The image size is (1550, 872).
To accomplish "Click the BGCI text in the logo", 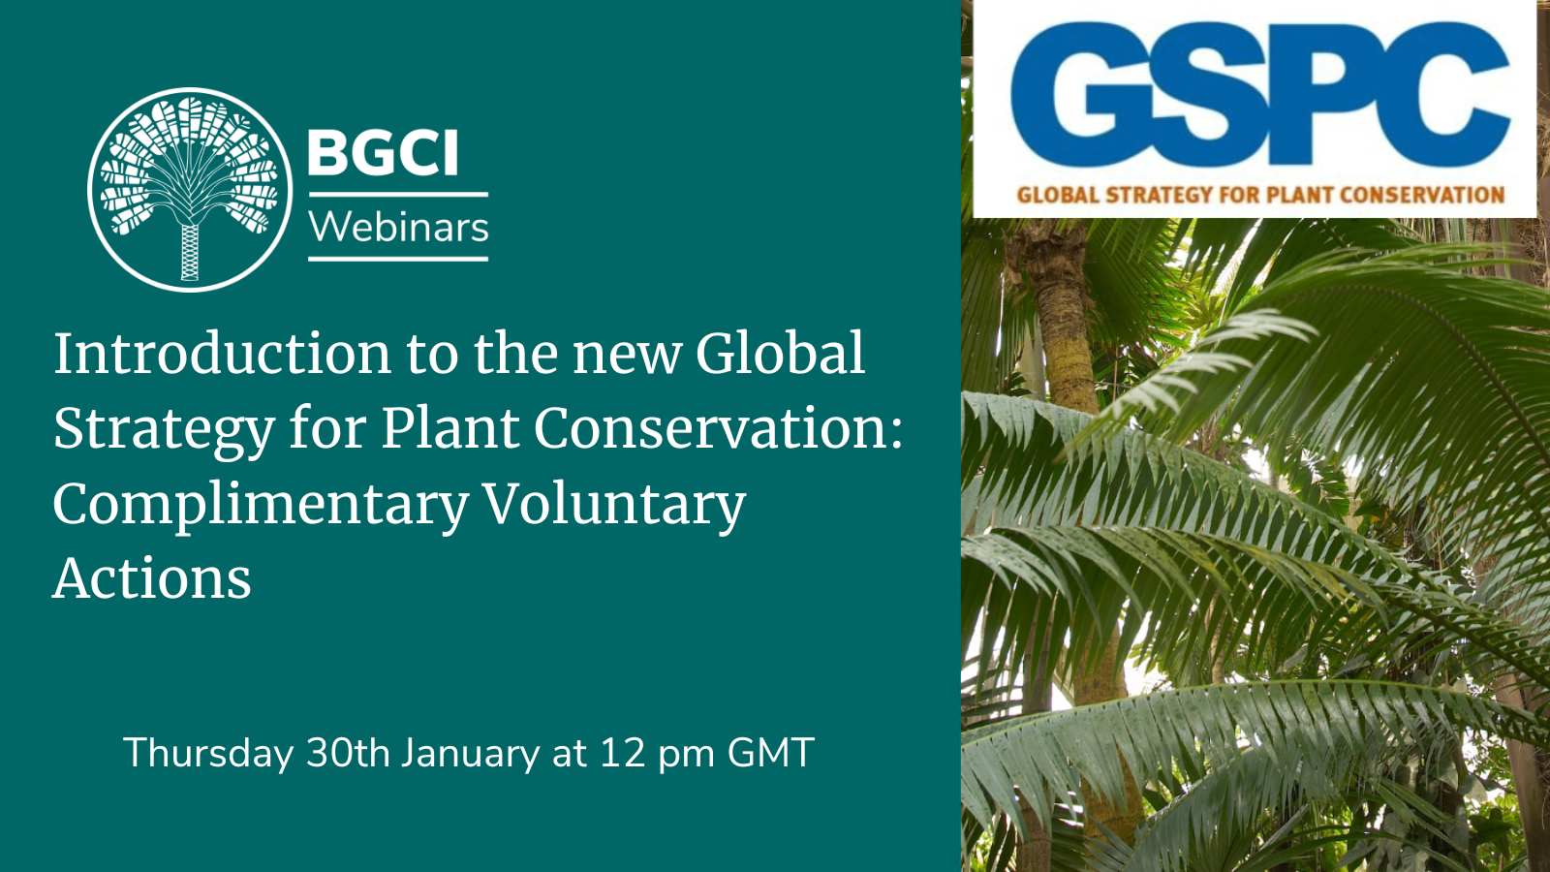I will (384, 154).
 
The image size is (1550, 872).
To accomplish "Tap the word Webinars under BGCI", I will (398, 228).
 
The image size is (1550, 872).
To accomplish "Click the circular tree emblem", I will (190, 190).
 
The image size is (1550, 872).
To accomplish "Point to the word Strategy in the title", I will (163, 428).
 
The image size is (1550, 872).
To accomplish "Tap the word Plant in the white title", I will (449, 428).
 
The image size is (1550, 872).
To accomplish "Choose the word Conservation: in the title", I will (718, 428).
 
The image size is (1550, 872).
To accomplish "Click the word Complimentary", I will (261, 504).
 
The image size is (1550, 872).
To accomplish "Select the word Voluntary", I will (614, 504).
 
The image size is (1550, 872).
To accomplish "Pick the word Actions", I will (152, 578).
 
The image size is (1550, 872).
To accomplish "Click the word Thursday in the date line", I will (208, 754).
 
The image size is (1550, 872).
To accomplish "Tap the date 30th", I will (348, 754).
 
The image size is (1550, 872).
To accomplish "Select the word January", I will (471, 754).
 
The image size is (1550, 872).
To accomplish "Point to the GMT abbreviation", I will (770, 754).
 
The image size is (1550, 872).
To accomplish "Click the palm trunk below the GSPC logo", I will (1064, 320).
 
